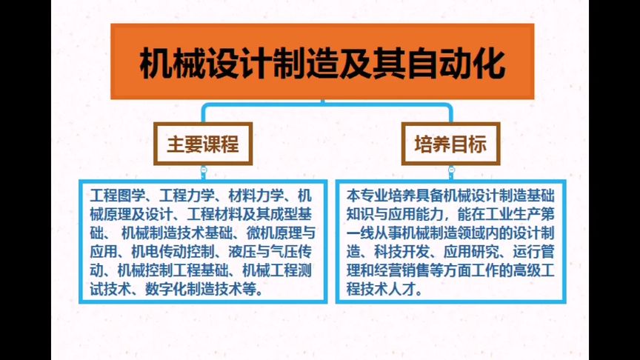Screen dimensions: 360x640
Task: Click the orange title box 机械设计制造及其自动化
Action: point(322,62)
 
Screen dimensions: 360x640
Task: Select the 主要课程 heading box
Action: point(202,144)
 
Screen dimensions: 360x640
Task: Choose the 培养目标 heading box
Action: point(450,144)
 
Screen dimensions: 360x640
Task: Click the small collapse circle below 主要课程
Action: point(203,171)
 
